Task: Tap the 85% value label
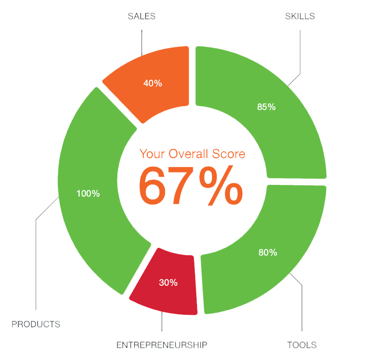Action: [x=266, y=107]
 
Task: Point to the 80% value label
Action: [x=268, y=253]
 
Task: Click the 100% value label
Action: [x=88, y=194]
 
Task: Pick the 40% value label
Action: [x=153, y=83]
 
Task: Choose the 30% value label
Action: [x=168, y=283]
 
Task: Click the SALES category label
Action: [x=142, y=17]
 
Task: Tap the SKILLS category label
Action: [x=300, y=17]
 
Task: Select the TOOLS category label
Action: [x=301, y=345]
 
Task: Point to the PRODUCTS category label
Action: [x=36, y=324]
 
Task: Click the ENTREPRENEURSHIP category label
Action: [x=162, y=345]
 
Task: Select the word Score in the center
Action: [x=230, y=154]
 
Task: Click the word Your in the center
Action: [x=152, y=154]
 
